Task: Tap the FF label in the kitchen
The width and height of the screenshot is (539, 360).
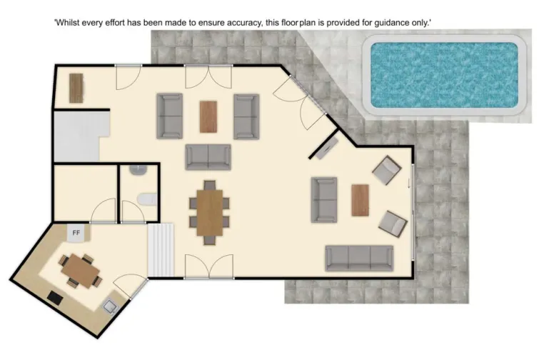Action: point(76,232)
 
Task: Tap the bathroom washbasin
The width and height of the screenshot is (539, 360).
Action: point(136,170)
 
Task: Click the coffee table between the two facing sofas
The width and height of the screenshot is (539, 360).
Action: point(208,116)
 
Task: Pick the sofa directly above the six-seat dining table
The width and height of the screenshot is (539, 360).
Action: point(208,156)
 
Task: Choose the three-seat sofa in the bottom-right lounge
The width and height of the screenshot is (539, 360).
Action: point(359,258)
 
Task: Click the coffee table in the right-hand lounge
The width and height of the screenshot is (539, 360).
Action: point(360,200)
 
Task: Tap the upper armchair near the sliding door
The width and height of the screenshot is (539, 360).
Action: point(387,170)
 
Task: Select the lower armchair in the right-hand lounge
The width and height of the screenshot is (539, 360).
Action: point(392,223)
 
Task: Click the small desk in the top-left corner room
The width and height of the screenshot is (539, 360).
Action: point(76,89)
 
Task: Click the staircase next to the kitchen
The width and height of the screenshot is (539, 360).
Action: point(161,250)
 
